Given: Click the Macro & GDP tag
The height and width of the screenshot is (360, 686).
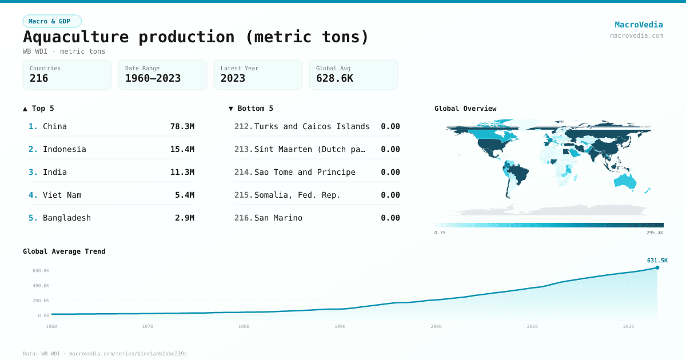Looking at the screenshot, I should click(x=52, y=21).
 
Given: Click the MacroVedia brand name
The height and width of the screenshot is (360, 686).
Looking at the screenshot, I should click(x=639, y=25).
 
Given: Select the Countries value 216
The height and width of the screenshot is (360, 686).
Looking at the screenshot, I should click(x=39, y=78).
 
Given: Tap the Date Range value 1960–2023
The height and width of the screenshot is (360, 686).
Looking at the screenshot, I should click(x=153, y=78).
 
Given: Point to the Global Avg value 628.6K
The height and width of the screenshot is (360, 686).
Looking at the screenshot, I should click(x=334, y=78).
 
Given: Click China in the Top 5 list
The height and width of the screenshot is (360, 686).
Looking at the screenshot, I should click(x=55, y=126).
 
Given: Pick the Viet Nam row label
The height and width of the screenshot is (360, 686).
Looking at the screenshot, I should click(x=62, y=195).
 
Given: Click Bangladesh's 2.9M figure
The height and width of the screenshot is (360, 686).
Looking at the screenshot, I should click(x=184, y=218).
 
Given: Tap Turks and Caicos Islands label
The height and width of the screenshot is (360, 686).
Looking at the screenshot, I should click(x=312, y=126).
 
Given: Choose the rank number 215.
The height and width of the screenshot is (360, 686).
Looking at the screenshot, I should click(x=243, y=195).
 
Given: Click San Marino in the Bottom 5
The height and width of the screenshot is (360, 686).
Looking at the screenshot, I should click(x=278, y=218).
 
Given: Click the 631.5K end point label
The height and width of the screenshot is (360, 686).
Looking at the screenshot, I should click(x=657, y=260).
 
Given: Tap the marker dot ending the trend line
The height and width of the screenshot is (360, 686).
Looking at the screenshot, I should click(x=657, y=267).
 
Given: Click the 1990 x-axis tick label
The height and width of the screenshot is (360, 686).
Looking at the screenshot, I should click(x=340, y=326).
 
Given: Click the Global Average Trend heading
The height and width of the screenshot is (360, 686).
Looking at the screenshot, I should click(x=64, y=251).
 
